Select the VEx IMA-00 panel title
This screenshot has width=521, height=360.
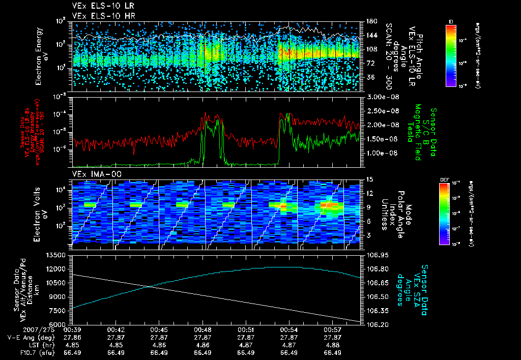point(93,174)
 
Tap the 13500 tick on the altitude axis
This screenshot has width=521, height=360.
point(57,255)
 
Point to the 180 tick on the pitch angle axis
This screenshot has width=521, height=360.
point(370,21)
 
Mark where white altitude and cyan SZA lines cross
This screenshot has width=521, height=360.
point(151,287)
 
